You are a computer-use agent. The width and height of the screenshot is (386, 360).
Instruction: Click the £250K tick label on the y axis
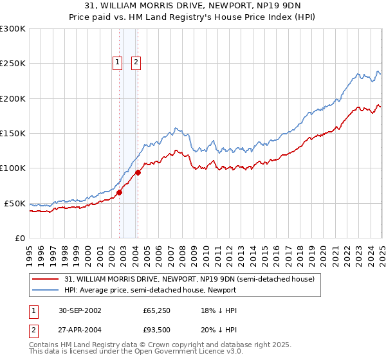tap(12, 64)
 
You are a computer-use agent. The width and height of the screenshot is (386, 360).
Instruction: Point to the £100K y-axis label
tap(12, 168)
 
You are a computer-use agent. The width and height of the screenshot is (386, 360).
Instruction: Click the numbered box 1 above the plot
tap(118, 62)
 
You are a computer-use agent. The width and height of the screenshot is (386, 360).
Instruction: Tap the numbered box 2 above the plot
tap(137, 62)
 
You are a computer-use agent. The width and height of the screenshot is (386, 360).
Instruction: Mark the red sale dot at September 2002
tap(119, 192)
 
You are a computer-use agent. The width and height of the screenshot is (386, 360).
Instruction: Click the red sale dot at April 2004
tap(138, 172)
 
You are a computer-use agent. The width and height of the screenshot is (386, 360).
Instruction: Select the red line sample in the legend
tap(46, 279)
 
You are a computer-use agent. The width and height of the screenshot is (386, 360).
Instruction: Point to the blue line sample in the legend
tap(46, 290)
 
